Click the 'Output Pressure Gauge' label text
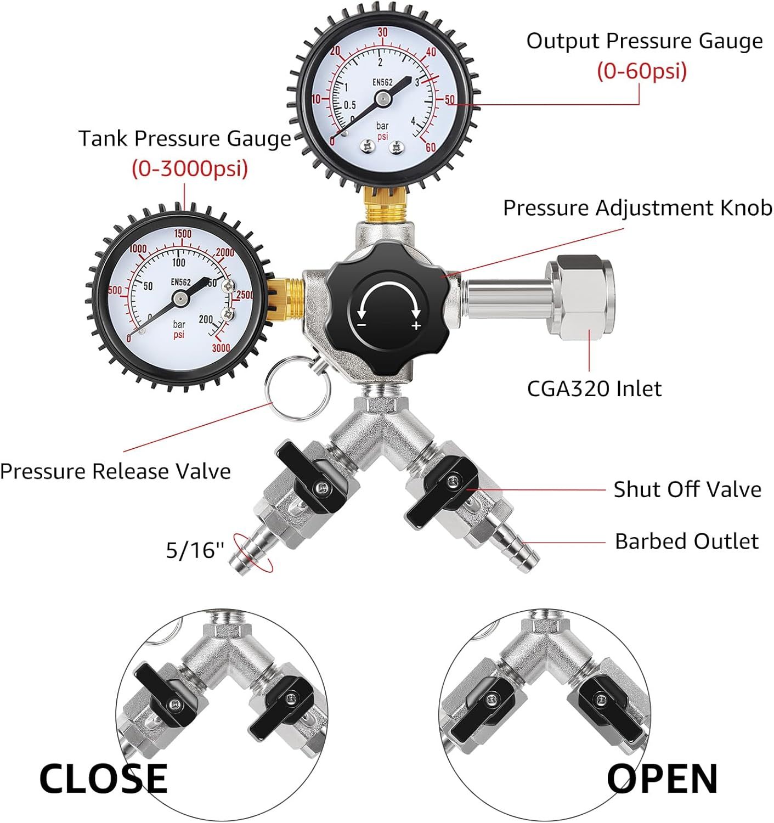(645, 42)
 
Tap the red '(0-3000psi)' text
(190, 168)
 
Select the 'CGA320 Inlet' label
(594, 388)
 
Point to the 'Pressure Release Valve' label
(115, 471)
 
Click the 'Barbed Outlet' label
(687, 541)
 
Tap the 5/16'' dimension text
(195, 550)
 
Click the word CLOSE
(104, 779)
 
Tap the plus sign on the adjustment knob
(416, 326)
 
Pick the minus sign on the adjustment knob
(361, 325)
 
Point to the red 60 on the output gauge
(431, 148)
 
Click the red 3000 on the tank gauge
(221, 348)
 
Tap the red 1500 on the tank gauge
(183, 234)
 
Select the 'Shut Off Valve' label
(687, 489)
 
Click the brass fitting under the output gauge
(385, 205)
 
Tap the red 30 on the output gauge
(382, 32)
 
